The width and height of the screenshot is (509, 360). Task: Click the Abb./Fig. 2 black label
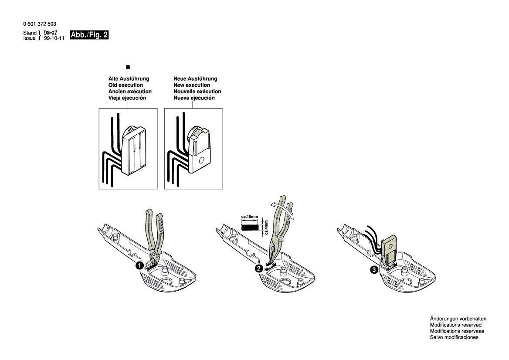tap(89, 35)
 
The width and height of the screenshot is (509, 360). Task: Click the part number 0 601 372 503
tap(40, 24)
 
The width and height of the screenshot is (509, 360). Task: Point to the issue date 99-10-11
tap(54, 38)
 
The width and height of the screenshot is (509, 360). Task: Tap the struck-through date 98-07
tap(50, 33)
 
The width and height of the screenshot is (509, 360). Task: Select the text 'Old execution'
tap(126, 85)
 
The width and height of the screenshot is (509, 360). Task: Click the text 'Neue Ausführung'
tap(195, 78)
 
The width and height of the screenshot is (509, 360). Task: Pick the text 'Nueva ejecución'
tap(194, 98)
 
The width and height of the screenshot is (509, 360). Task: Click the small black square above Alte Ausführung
tap(128, 67)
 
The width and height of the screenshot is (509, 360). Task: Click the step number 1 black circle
tap(139, 266)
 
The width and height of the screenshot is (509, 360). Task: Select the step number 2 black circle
tap(259, 268)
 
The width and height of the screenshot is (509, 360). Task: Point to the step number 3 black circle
tap(374, 270)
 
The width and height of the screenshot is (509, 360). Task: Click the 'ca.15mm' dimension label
tap(249, 217)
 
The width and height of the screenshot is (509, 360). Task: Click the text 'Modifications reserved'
tap(456, 325)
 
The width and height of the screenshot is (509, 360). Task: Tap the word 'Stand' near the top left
tap(30, 33)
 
